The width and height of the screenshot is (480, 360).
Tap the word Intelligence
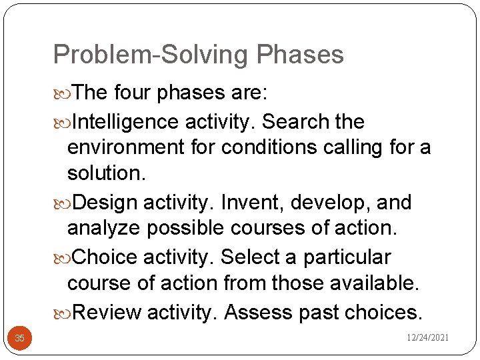click(x=125, y=122)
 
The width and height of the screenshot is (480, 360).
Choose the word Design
click(x=105, y=202)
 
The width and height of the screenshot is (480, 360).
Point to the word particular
click(x=347, y=257)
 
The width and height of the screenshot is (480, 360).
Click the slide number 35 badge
click(x=20, y=339)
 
